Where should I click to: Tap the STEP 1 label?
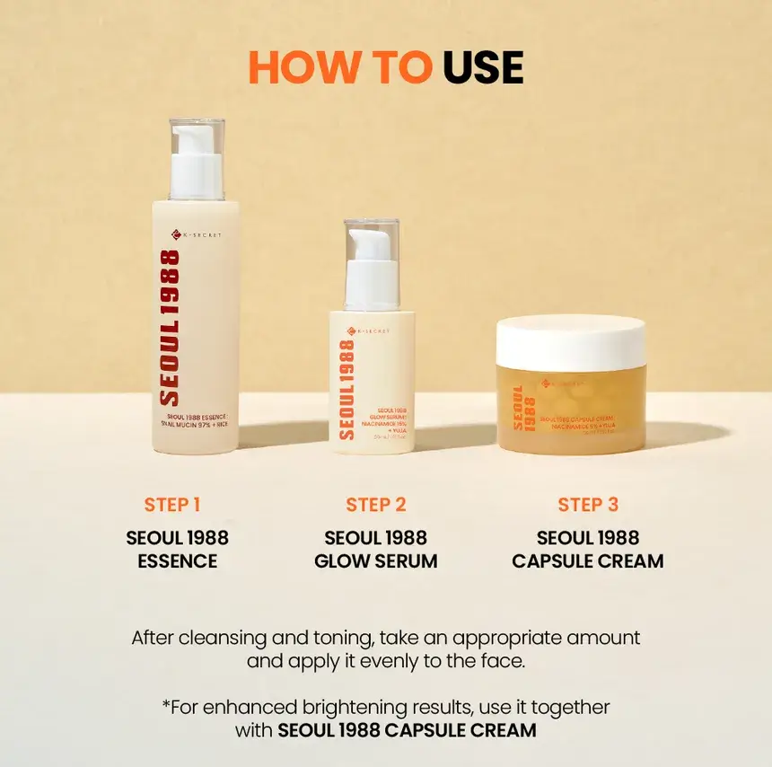coord(172,505)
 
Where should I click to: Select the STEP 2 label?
coord(376,505)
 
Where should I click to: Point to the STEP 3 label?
coord(588,505)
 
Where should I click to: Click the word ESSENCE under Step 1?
coord(178,561)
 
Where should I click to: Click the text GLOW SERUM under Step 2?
coord(376,561)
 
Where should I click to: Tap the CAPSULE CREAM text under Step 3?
coord(588,561)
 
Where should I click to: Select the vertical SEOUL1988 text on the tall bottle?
coord(169,328)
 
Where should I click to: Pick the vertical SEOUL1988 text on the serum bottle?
coord(347,388)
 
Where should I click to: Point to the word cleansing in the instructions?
coord(231,638)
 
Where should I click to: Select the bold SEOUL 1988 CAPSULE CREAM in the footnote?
coord(407,730)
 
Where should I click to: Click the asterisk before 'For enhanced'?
coord(165,704)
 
